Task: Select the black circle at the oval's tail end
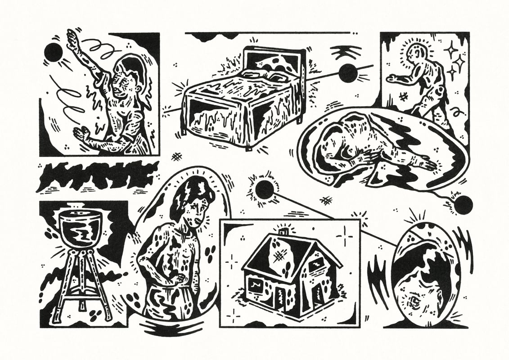(463, 205)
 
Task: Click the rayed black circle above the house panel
(264, 190)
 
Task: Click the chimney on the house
(283, 231)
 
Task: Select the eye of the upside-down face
(414, 301)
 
